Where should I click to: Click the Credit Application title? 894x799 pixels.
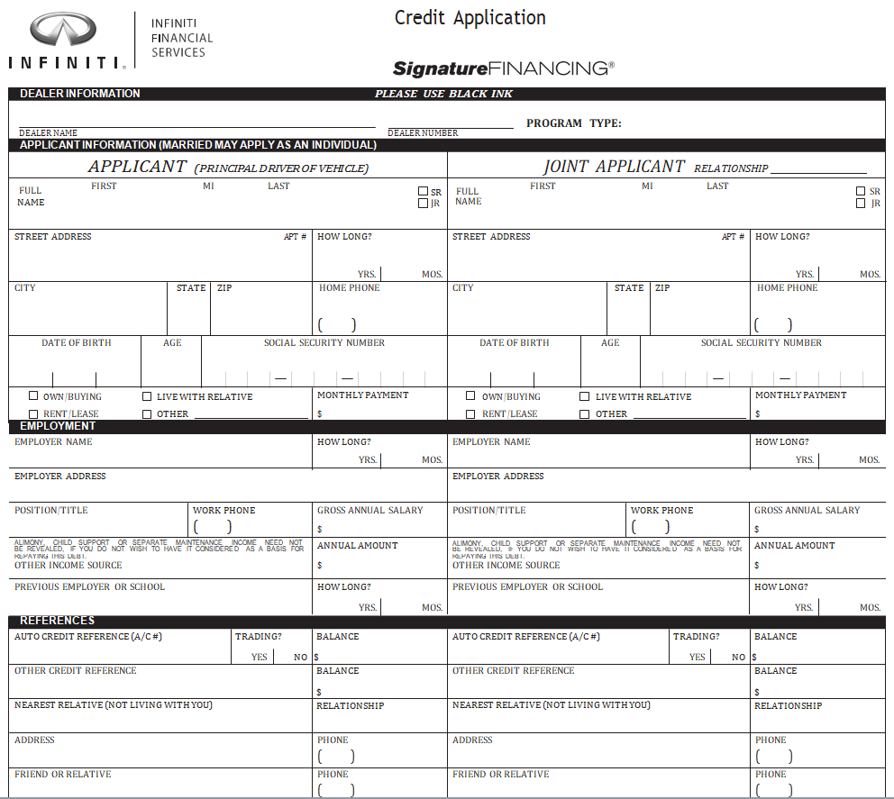point(470,18)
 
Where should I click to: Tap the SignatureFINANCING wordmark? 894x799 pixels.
point(503,68)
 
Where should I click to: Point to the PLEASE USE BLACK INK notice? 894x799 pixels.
point(443,94)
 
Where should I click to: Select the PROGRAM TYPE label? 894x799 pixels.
point(573,123)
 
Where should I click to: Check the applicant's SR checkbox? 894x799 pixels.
point(423,191)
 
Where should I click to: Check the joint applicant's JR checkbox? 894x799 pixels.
point(861,204)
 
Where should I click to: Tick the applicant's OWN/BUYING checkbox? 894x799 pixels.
point(33,395)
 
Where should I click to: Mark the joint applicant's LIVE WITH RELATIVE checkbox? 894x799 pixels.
point(584,396)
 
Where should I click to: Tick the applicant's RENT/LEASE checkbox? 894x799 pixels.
point(33,413)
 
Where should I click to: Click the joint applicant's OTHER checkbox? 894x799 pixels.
point(584,414)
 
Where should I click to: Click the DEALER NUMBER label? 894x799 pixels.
point(423,133)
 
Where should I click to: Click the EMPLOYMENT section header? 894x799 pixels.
point(58,426)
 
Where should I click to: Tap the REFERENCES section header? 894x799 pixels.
point(57,621)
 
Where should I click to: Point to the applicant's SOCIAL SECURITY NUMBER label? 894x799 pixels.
point(324,343)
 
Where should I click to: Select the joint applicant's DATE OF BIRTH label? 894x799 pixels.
point(514,343)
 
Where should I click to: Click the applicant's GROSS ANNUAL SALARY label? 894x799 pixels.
point(369,511)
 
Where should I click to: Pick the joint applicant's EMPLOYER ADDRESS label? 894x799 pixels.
point(497,477)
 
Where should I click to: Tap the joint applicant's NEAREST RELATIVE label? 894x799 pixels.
point(551,705)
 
